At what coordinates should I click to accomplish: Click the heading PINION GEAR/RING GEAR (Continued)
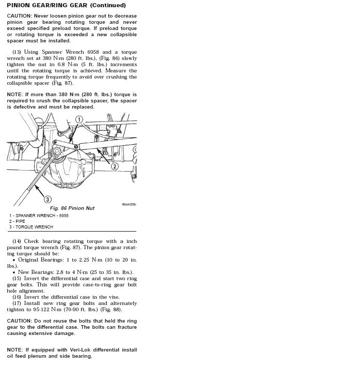tap(66, 5)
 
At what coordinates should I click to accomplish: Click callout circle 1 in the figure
tap(79, 119)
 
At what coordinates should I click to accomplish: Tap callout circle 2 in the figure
tap(115, 166)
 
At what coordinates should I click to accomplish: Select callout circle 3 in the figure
tap(48, 199)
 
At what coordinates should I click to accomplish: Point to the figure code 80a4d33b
tap(129, 204)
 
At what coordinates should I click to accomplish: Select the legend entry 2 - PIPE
tap(17, 221)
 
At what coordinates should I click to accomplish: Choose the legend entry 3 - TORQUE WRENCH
tap(30, 227)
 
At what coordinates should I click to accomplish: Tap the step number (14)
tap(17, 241)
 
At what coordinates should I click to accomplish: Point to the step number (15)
tap(17, 279)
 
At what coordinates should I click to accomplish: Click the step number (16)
tap(17, 297)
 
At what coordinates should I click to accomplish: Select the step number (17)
tap(17, 303)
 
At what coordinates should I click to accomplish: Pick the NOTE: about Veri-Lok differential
tap(15, 350)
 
